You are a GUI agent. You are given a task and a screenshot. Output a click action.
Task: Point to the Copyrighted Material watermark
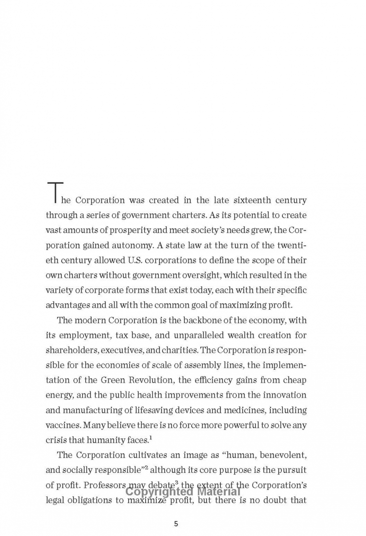click(183, 492)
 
